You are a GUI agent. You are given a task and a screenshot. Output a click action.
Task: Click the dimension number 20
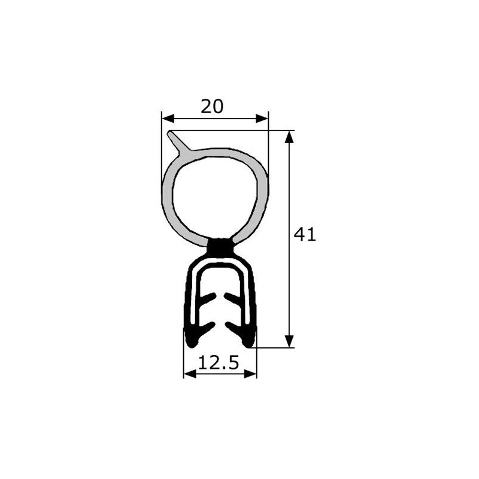212,107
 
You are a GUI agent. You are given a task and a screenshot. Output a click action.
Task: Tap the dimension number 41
305,235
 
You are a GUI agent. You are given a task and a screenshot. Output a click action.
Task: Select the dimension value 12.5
219,363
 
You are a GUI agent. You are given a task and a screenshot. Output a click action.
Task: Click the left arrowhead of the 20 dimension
168,119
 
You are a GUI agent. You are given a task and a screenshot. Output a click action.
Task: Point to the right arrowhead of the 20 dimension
262,119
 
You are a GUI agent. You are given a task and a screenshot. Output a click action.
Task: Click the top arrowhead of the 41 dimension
289,137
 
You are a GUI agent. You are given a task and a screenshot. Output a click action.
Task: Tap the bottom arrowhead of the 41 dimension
289,341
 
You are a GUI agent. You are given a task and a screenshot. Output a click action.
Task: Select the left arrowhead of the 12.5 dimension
190,374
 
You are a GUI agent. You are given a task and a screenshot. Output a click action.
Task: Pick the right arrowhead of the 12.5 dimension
250,374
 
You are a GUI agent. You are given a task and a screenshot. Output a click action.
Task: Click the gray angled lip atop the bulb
178,141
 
